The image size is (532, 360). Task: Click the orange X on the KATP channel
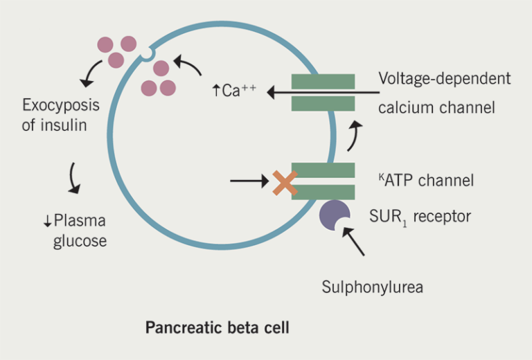[x=284, y=182]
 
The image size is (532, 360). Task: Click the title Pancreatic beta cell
[x=217, y=327]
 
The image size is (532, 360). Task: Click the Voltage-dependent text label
[x=444, y=78]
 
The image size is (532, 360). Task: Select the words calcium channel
[x=436, y=107]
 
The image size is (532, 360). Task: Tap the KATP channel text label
[x=426, y=181]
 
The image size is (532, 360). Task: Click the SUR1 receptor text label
[x=420, y=217]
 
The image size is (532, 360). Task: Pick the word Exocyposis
[x=61, y=106]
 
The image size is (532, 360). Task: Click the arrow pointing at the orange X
[x=249, y=182]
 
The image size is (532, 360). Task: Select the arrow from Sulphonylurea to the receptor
[x=354, y=243]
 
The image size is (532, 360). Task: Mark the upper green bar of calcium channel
[x=323, y=81]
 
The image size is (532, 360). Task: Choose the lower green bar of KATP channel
[x=323, y=192]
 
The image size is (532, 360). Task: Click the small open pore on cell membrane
[x=147, y=53]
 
